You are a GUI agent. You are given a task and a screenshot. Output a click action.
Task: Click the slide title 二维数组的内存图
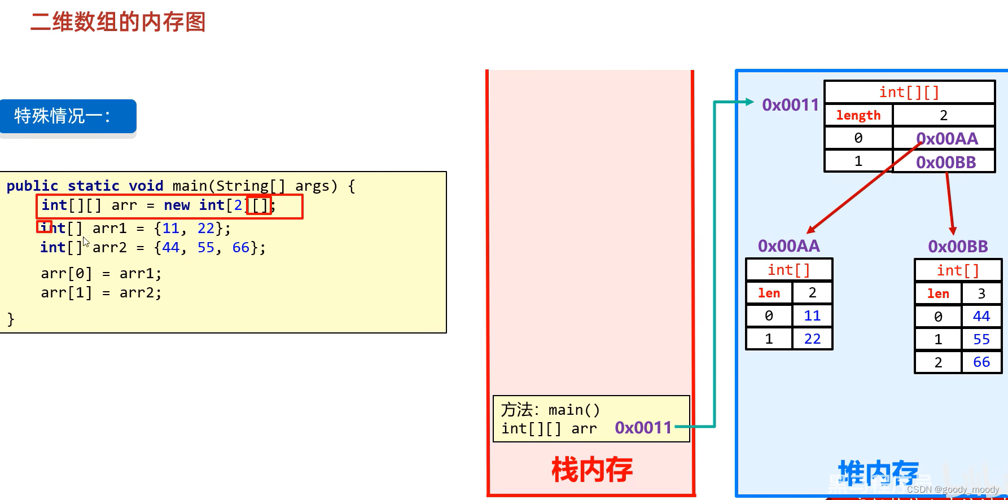[118, 22]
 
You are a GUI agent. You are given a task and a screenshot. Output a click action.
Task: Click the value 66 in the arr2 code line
[240, 247]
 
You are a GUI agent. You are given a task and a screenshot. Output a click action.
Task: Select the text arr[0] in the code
[66, 274]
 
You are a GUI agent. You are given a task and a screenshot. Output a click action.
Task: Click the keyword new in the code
[177, 205]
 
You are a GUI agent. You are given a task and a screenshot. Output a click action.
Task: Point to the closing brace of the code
[11, 319]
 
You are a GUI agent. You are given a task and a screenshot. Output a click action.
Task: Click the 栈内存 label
[591, 470]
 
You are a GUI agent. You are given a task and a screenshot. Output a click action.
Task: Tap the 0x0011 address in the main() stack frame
[643, 428]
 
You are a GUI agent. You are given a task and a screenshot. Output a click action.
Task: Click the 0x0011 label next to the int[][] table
[790, 105]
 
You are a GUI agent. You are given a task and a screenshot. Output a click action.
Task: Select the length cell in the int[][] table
[858, 115]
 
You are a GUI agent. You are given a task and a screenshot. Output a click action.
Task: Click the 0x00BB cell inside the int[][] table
[946, 163]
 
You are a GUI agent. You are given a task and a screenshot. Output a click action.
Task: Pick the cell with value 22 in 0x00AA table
[812, 339]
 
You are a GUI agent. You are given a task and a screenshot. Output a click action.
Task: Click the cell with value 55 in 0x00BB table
[981, 339]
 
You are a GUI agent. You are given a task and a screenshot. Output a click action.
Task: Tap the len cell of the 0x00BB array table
[937, 293]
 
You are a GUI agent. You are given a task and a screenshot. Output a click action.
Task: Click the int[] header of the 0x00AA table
[788, 270]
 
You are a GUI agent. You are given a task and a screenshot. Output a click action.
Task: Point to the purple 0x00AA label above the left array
[788, 246]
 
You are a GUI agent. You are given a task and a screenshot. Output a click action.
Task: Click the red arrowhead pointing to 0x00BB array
[953, 231]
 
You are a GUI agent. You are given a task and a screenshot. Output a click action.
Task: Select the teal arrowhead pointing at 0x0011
[749, 102]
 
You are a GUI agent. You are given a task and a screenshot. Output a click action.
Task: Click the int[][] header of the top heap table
[909, 92]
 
